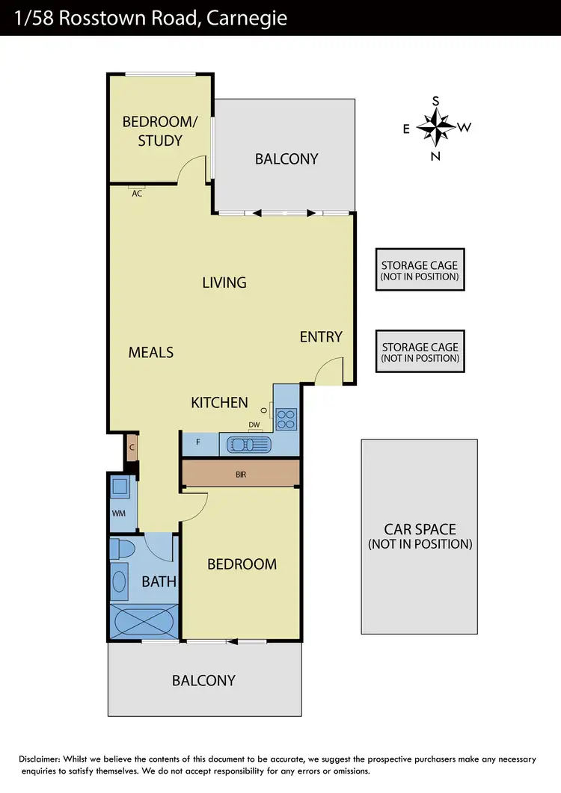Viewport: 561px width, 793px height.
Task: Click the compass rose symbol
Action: pos(436,128)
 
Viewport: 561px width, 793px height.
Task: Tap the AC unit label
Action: pos(137,193)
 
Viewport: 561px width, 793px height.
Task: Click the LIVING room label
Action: pos(224,283)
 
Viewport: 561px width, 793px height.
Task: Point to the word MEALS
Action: pos(151,352)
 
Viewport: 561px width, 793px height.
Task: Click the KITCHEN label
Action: pos(219,403)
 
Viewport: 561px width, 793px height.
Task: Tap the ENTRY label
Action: pos(321,337)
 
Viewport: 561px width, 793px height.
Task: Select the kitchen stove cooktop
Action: pos(286,419)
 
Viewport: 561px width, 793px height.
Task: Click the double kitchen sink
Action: pos(248,445)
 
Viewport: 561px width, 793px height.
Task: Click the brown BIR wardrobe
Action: pos(241,473)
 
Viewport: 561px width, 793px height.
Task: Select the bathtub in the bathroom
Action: pos(143,621)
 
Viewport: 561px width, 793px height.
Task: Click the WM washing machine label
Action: pos(118,513)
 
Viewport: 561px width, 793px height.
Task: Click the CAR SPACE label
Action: pos(420,537)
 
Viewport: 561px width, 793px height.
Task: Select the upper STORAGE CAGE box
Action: pos(420,270)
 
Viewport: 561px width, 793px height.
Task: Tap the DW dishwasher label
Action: pos(254,425)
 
